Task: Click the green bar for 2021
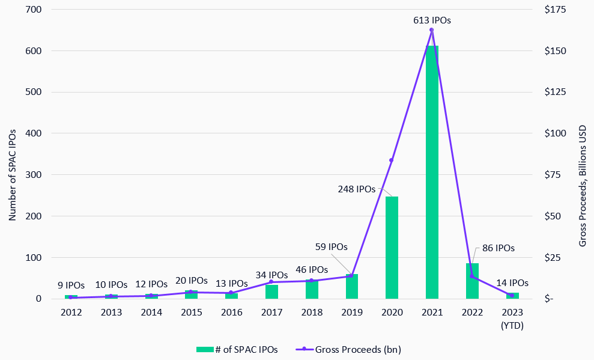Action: [x=432, y=174]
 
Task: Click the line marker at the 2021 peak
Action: [x=432, y=30]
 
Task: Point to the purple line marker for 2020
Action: [x=392, y=160]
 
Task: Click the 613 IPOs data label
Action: [x=432, y=20]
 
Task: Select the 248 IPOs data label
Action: [x=356, y=189]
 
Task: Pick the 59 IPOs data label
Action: [x=332, y=246]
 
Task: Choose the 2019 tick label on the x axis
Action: [x=351, y=313]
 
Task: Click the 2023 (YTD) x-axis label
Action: [x=512, y=319]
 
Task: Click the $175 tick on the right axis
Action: [x=550, y=10]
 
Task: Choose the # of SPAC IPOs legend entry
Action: [x=237, y=349]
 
